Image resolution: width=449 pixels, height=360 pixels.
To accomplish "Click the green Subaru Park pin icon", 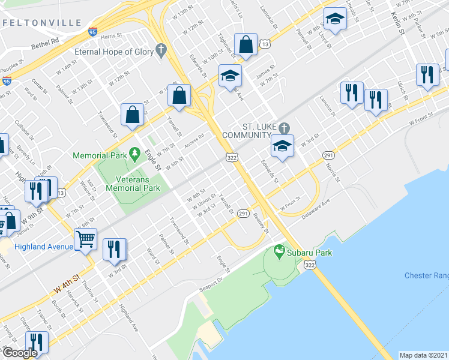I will tap(278, 250).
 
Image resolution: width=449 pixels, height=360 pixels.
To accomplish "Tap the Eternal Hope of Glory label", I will tap(114, 52).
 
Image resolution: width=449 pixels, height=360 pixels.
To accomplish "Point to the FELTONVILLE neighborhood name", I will tap(41, 22).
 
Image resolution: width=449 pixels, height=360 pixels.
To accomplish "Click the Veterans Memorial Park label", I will tap(133, 183).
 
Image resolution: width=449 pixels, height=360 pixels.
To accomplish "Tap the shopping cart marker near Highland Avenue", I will tap(86, 239).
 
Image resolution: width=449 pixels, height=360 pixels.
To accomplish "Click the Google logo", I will tap(19, 353).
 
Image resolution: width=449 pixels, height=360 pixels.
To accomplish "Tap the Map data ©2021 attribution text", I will tap(424, 355).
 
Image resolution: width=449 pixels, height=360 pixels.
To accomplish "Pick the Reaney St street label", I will tap(260, 224).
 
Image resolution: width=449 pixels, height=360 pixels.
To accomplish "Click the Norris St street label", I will tap(333, 171).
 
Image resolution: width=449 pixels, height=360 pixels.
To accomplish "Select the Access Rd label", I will tap(194, 140).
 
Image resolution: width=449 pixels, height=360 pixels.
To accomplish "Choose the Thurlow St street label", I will tap(89, 293).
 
